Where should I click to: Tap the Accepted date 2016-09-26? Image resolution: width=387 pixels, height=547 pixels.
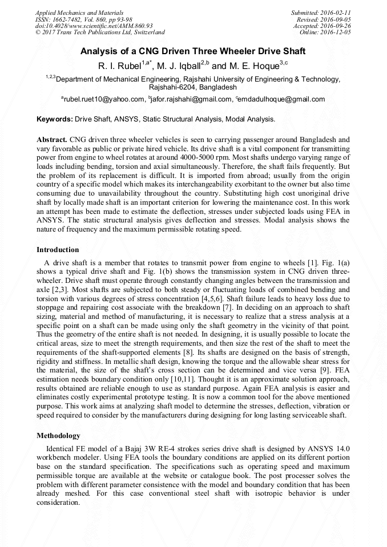pyautogui.click(x=336, y=26)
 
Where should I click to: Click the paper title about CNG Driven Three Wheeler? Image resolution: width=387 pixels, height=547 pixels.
pyautogui.click(x=193, y=51)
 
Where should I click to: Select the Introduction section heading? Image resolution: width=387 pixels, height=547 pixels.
pyautogui.click(x=58, y=250)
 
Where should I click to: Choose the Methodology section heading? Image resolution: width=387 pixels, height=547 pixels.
pyautogui.click(x=58, y=435)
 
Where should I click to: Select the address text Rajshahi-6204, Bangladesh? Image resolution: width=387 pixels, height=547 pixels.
pyautogui.click(x=193, y=88)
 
